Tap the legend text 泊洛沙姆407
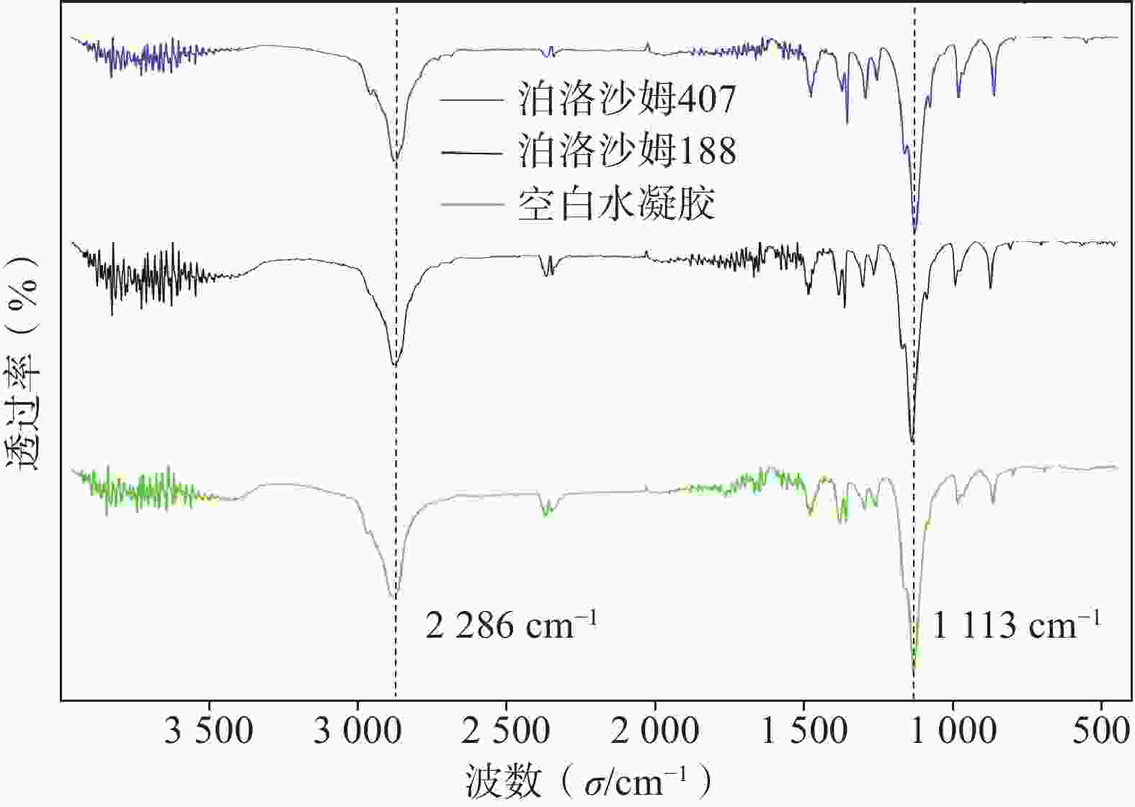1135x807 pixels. (627, 99)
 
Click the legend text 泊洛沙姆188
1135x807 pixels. (627, 151)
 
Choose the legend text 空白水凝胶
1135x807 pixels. (616, 205)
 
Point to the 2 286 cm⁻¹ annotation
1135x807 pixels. (511, 625)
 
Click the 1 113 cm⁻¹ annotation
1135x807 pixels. (1017, 625)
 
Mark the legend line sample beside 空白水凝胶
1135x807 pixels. (472, 205)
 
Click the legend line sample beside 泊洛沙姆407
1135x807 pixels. (472, 99)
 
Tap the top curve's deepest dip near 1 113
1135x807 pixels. (915, 231)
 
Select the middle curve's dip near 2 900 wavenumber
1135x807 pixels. (394, 365)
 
